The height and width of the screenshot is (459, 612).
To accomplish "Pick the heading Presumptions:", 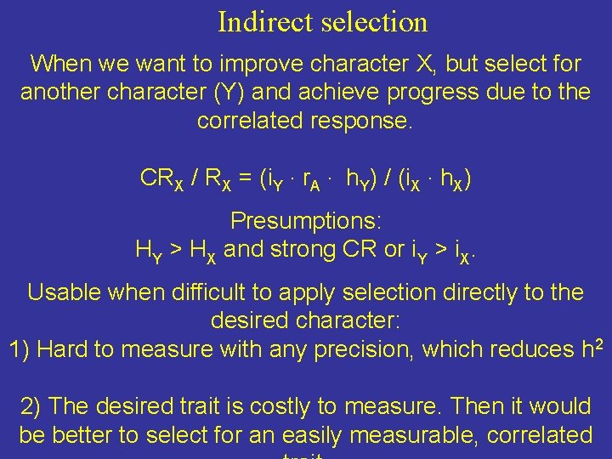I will coord(306,221).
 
